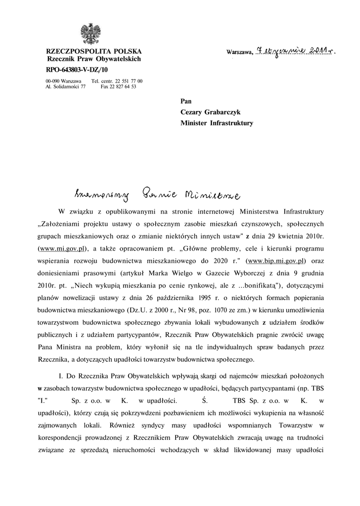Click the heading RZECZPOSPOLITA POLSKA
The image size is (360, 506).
coord(93,51)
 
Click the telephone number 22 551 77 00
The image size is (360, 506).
coord(129,80)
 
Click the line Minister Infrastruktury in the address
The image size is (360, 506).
coord(217,123)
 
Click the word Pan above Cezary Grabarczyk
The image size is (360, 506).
coord(186,101)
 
